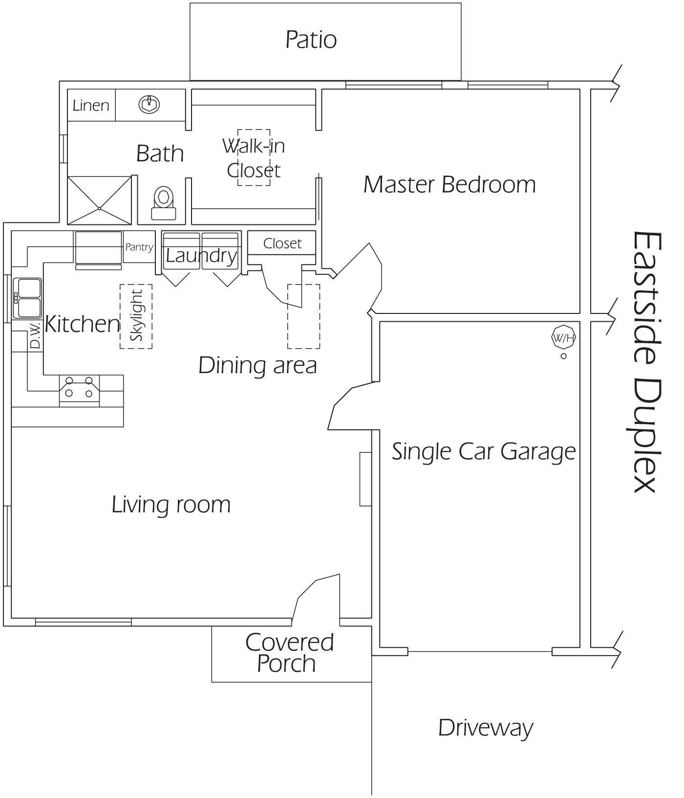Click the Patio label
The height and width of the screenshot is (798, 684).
311,40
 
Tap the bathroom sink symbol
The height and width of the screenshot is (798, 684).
150,104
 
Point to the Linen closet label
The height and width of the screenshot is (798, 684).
91,105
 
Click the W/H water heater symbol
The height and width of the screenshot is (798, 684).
563,337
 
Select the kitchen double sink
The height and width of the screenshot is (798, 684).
28,298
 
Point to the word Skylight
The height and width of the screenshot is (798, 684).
136,316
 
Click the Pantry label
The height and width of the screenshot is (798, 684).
139,247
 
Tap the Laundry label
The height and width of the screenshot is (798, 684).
201,255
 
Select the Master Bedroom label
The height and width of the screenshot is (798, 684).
449,184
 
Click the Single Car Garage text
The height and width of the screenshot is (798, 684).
484,451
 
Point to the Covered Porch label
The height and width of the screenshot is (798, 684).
289,653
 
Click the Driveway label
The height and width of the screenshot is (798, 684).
485,728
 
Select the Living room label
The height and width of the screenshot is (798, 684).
171,504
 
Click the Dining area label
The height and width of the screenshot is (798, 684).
257,365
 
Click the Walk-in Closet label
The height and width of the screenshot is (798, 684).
254,158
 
